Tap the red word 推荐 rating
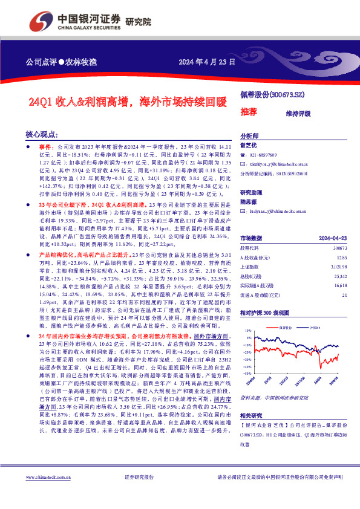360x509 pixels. point(249,112)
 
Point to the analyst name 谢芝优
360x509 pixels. point(249,145)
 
